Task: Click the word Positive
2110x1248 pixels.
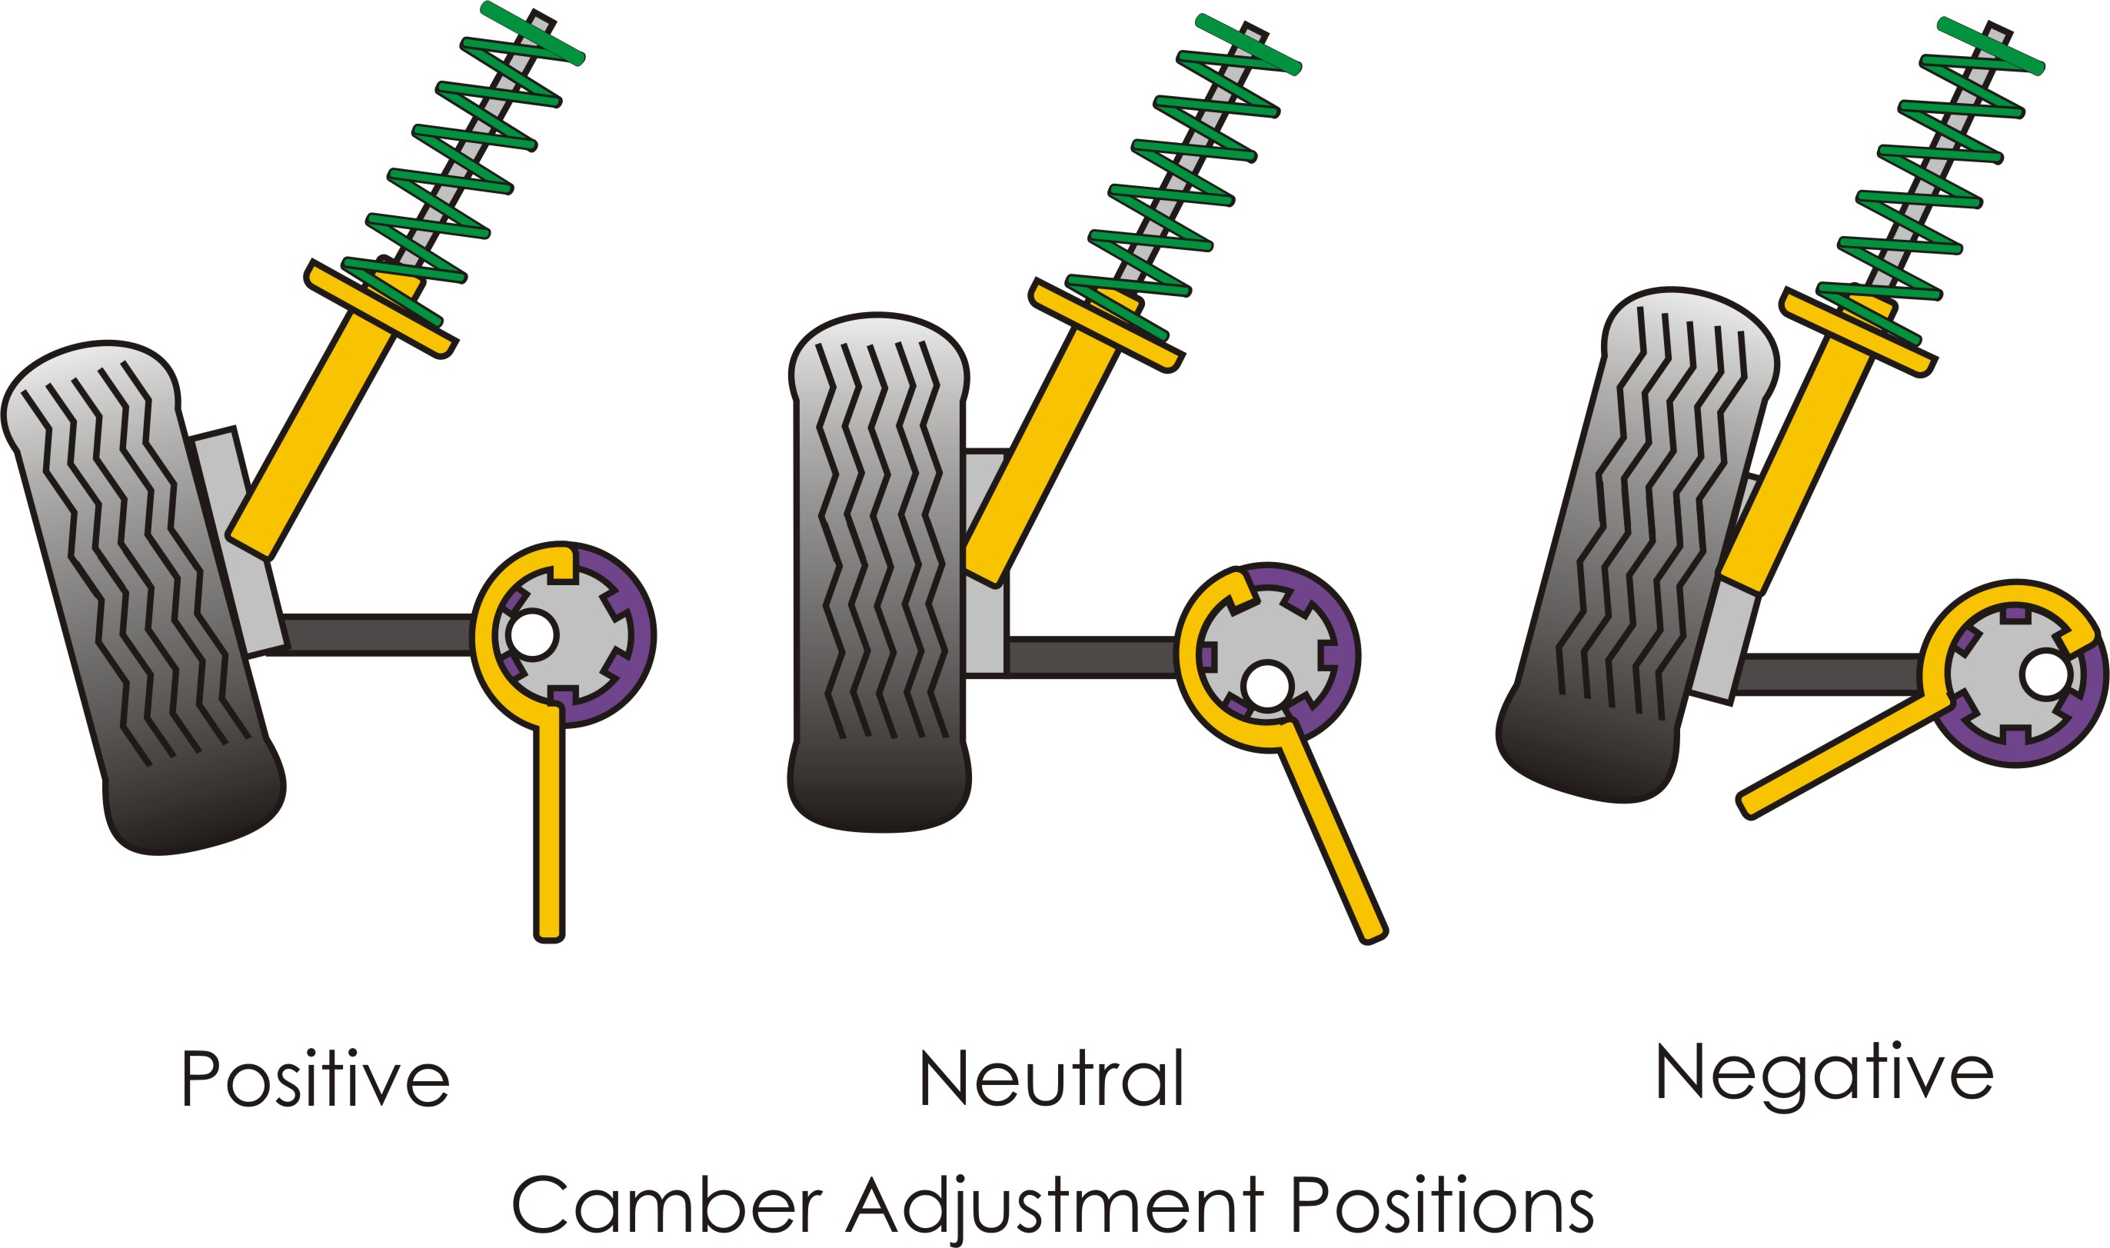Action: coord(315,1078)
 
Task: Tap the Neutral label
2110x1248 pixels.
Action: coord(1051,1078)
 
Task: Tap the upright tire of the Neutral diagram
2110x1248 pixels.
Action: coord(880,572)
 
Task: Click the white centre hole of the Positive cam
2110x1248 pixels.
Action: coord(532,635)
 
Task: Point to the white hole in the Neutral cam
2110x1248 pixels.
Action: coord(1267,685)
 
